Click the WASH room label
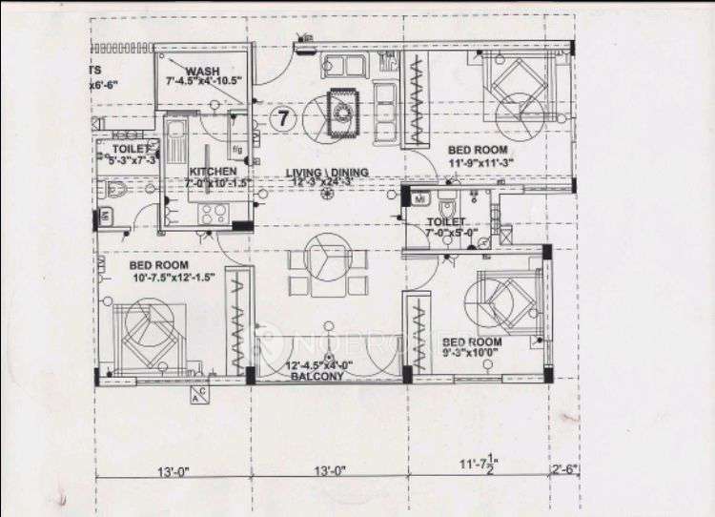pos(203,72)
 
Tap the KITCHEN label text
pos(212,172)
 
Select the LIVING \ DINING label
pos(327,173)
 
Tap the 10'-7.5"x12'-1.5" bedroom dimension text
pos(173,278)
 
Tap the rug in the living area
pos(341,112)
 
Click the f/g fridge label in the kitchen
pos(236,150)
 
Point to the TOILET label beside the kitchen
pos(130,150)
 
